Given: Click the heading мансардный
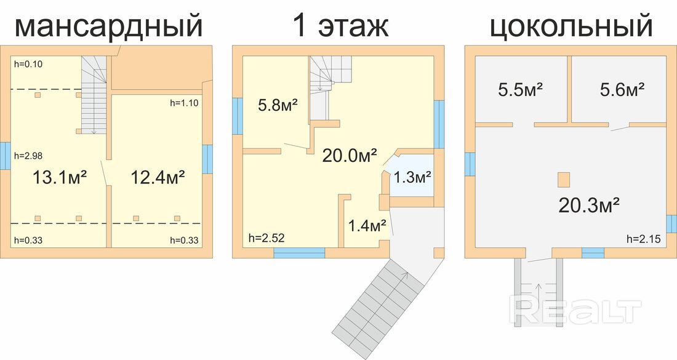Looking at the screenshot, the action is (108, 26).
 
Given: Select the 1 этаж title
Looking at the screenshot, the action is (340, 25).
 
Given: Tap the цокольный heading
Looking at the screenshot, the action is (571, 25).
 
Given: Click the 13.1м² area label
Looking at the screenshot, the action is (60, 177).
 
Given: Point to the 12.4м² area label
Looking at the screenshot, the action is (158, 177).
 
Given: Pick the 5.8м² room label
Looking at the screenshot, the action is (278, 105).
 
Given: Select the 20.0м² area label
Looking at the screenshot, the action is (350, 156).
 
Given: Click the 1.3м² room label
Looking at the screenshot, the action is (412, 177).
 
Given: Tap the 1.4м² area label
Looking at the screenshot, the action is (367, 225).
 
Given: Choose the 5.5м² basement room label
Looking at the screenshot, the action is (520, 90).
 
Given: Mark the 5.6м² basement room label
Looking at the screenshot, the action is (622, 90).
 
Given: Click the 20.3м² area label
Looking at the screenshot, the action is (590, 206).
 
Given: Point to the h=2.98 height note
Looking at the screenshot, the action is (28, 156).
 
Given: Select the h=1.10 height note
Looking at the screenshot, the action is (185, 103).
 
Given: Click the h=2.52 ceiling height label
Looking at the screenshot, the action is (266, 238).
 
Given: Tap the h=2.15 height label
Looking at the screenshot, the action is (643, 239).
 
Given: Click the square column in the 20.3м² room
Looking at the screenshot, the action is (563, 180).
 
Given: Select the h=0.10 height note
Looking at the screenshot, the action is (28, 65).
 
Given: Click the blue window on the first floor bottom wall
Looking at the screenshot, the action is (299, 253).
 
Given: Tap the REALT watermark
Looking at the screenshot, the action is (575, 309).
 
